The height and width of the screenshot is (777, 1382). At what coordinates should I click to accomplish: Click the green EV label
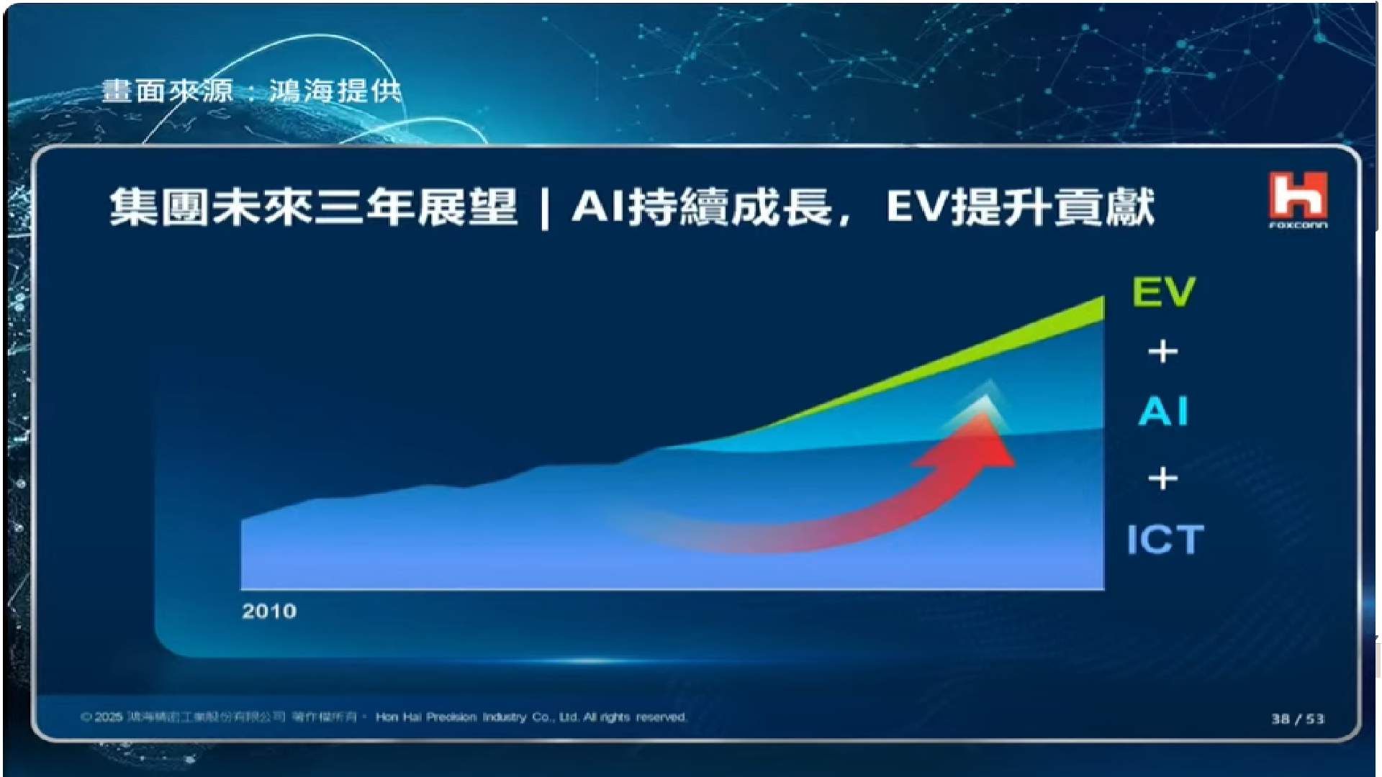(x=1163, y=291)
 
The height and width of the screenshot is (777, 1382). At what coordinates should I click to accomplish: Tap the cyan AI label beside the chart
(x=1163, y=412)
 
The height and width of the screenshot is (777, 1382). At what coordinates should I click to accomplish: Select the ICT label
(x=1165, y=540)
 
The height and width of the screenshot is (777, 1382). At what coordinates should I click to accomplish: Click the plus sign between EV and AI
(x=1163, y=352)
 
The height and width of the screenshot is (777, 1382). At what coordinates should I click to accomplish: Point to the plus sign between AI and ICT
(x=1163, y=478)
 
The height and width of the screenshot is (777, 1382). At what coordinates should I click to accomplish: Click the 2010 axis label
(x=269, y=612)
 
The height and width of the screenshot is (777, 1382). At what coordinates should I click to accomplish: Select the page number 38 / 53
(x=1298, y=719)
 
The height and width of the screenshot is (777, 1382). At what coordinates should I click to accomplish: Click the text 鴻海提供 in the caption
(x=335, y=91)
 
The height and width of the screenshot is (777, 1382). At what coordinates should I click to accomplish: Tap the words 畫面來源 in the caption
(x=167, y=91)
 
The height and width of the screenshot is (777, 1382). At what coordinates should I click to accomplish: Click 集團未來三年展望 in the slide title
(x=313, y=207)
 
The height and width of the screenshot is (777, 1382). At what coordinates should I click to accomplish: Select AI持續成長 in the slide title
(x=702, y=207)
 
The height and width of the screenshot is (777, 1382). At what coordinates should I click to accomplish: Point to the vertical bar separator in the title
(x=545, y=209)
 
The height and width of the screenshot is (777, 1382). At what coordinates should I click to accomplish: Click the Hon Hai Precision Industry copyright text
(x=531, y=717)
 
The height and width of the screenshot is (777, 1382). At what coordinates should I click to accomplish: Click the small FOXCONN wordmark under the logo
(x=1298, y=225)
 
